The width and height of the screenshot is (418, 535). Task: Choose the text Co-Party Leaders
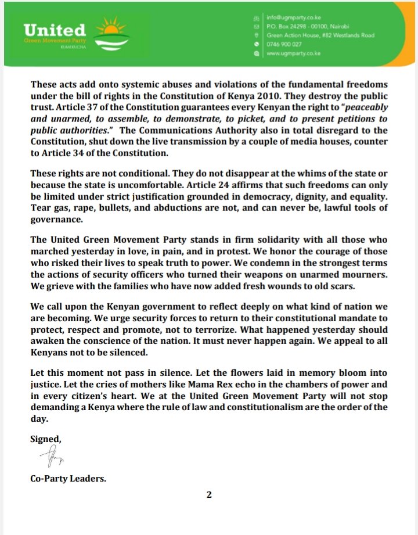click(x=69, y=479)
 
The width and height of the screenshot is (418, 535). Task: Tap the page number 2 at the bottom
click(x=208, y=496)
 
